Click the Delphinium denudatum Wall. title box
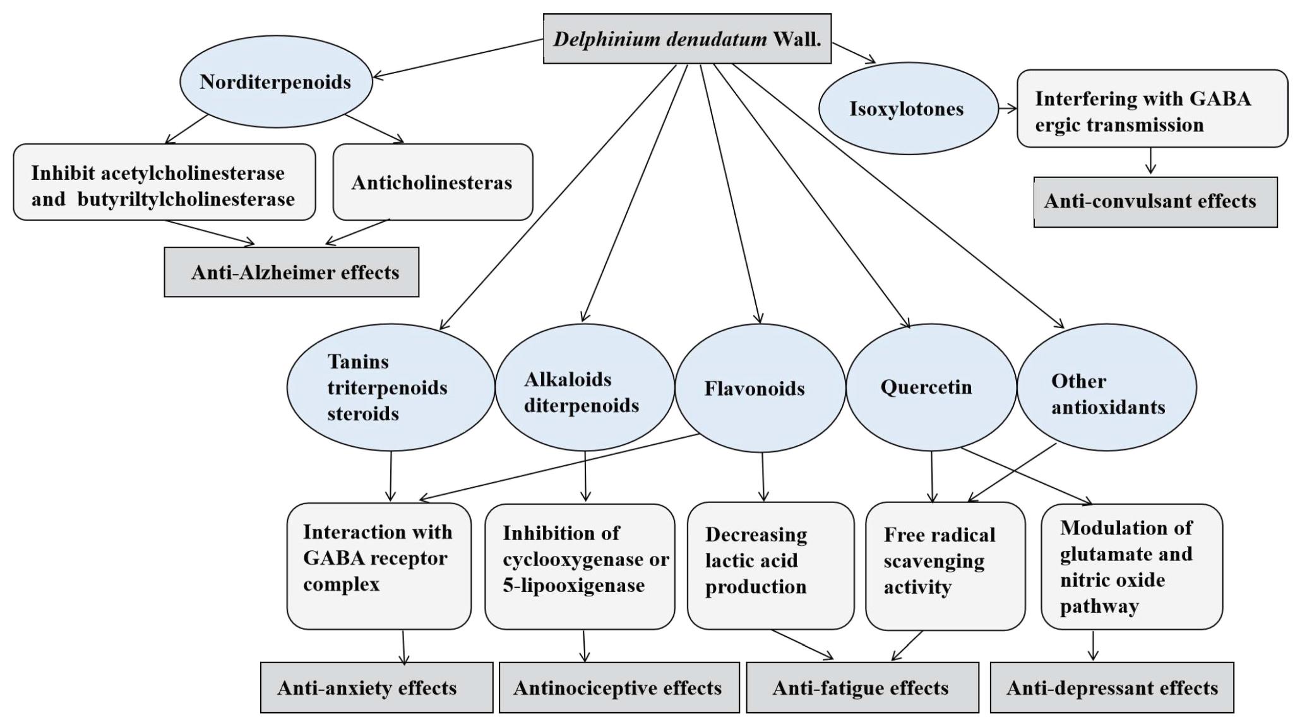pos(687,39)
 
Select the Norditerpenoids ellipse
pos(276,82)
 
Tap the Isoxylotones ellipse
pos(907,109)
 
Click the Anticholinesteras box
pos(433,182)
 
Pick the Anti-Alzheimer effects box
pos(292,273)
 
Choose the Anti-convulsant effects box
pos(1155,201)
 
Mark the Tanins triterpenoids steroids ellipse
pos(390,387)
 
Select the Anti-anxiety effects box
pos(376,687)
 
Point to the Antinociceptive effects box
pos(619,687)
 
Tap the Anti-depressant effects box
pos(1111,687)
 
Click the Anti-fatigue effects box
pos(862,687)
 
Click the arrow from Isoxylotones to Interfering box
pos(1008,109)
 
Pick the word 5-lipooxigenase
pos(573,586)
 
